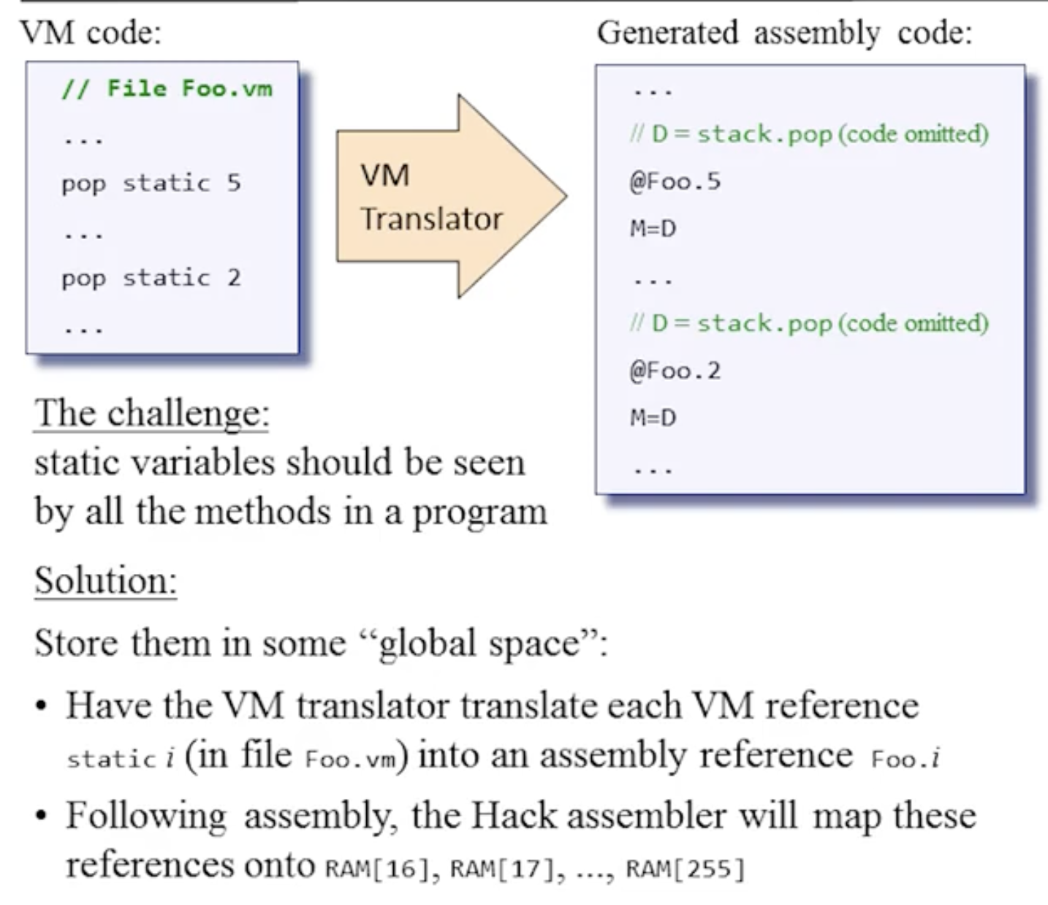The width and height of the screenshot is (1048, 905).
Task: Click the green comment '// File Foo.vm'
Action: coord(167,88)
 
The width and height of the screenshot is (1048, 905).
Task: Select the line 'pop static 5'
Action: coord(151,183)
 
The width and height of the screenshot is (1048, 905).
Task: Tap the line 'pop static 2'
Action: coord(151,278)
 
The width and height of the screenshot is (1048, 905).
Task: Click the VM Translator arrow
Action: coord(438,196)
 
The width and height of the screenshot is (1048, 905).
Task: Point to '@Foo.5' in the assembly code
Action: coord(675,181)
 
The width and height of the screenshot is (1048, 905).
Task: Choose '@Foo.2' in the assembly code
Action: coord(675,371)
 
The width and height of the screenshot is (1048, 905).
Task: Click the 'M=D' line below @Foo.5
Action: coord(653,229)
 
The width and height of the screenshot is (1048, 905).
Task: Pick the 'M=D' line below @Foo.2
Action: coord(653,418)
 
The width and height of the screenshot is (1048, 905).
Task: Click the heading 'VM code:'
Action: coord(91,33)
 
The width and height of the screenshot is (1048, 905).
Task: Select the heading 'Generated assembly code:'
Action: coord(784,33)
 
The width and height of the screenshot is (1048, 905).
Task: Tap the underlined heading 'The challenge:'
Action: coord(152,413)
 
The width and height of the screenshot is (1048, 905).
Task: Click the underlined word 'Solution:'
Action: coord(106,581)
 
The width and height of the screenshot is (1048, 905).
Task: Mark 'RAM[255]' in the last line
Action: coord(685,868)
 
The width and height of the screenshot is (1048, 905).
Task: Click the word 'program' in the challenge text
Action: coord(479,512)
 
